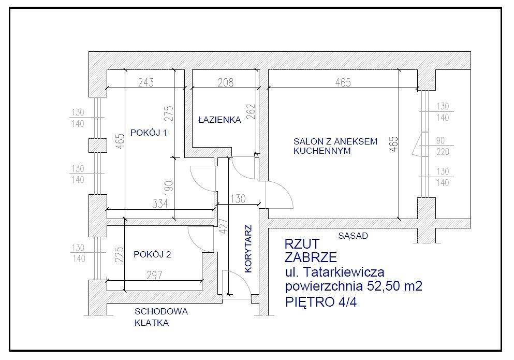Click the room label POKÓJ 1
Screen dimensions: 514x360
(149, 133)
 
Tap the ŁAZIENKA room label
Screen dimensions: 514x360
(219, 120)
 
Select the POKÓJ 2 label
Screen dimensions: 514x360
(152, 254)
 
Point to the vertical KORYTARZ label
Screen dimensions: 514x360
(248, 249)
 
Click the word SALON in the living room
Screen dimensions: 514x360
(307, 141)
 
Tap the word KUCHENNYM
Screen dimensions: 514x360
(322, 151)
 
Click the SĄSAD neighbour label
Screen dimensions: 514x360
(353, 236)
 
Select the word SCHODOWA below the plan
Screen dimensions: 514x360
(161, 311)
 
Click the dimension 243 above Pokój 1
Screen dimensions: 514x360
(146, 82)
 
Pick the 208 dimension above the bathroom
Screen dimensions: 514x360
(226, 82)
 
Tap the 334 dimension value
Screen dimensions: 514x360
(160, 204)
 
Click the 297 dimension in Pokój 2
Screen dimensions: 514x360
(154, 275)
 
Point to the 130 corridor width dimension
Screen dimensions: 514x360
(238, 198)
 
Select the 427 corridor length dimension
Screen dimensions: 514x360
(223, 226)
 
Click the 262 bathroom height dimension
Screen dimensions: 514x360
(251, 111)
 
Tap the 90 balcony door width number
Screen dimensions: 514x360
(440, 140)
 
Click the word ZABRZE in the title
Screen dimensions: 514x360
(311, 257)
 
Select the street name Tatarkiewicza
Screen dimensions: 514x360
(344, 272)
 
